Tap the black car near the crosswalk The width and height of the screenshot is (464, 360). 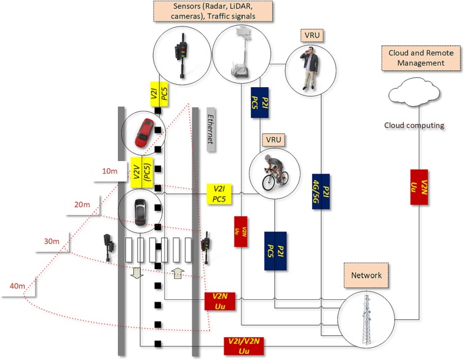tap(139, 211)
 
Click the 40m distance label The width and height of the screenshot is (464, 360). tap(17, 286)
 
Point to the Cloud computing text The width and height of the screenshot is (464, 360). tap(414, 125)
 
